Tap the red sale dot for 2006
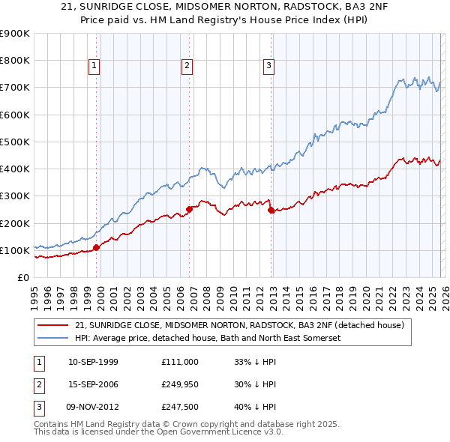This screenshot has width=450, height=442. (189, 210)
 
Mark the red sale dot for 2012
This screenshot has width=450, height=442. (271, 211)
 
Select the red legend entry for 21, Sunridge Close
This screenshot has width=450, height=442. (239, 325)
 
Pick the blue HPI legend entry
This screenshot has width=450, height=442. (207, 338)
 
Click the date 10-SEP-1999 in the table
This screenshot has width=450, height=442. (93, 362)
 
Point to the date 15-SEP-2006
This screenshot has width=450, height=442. (93, 384)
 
